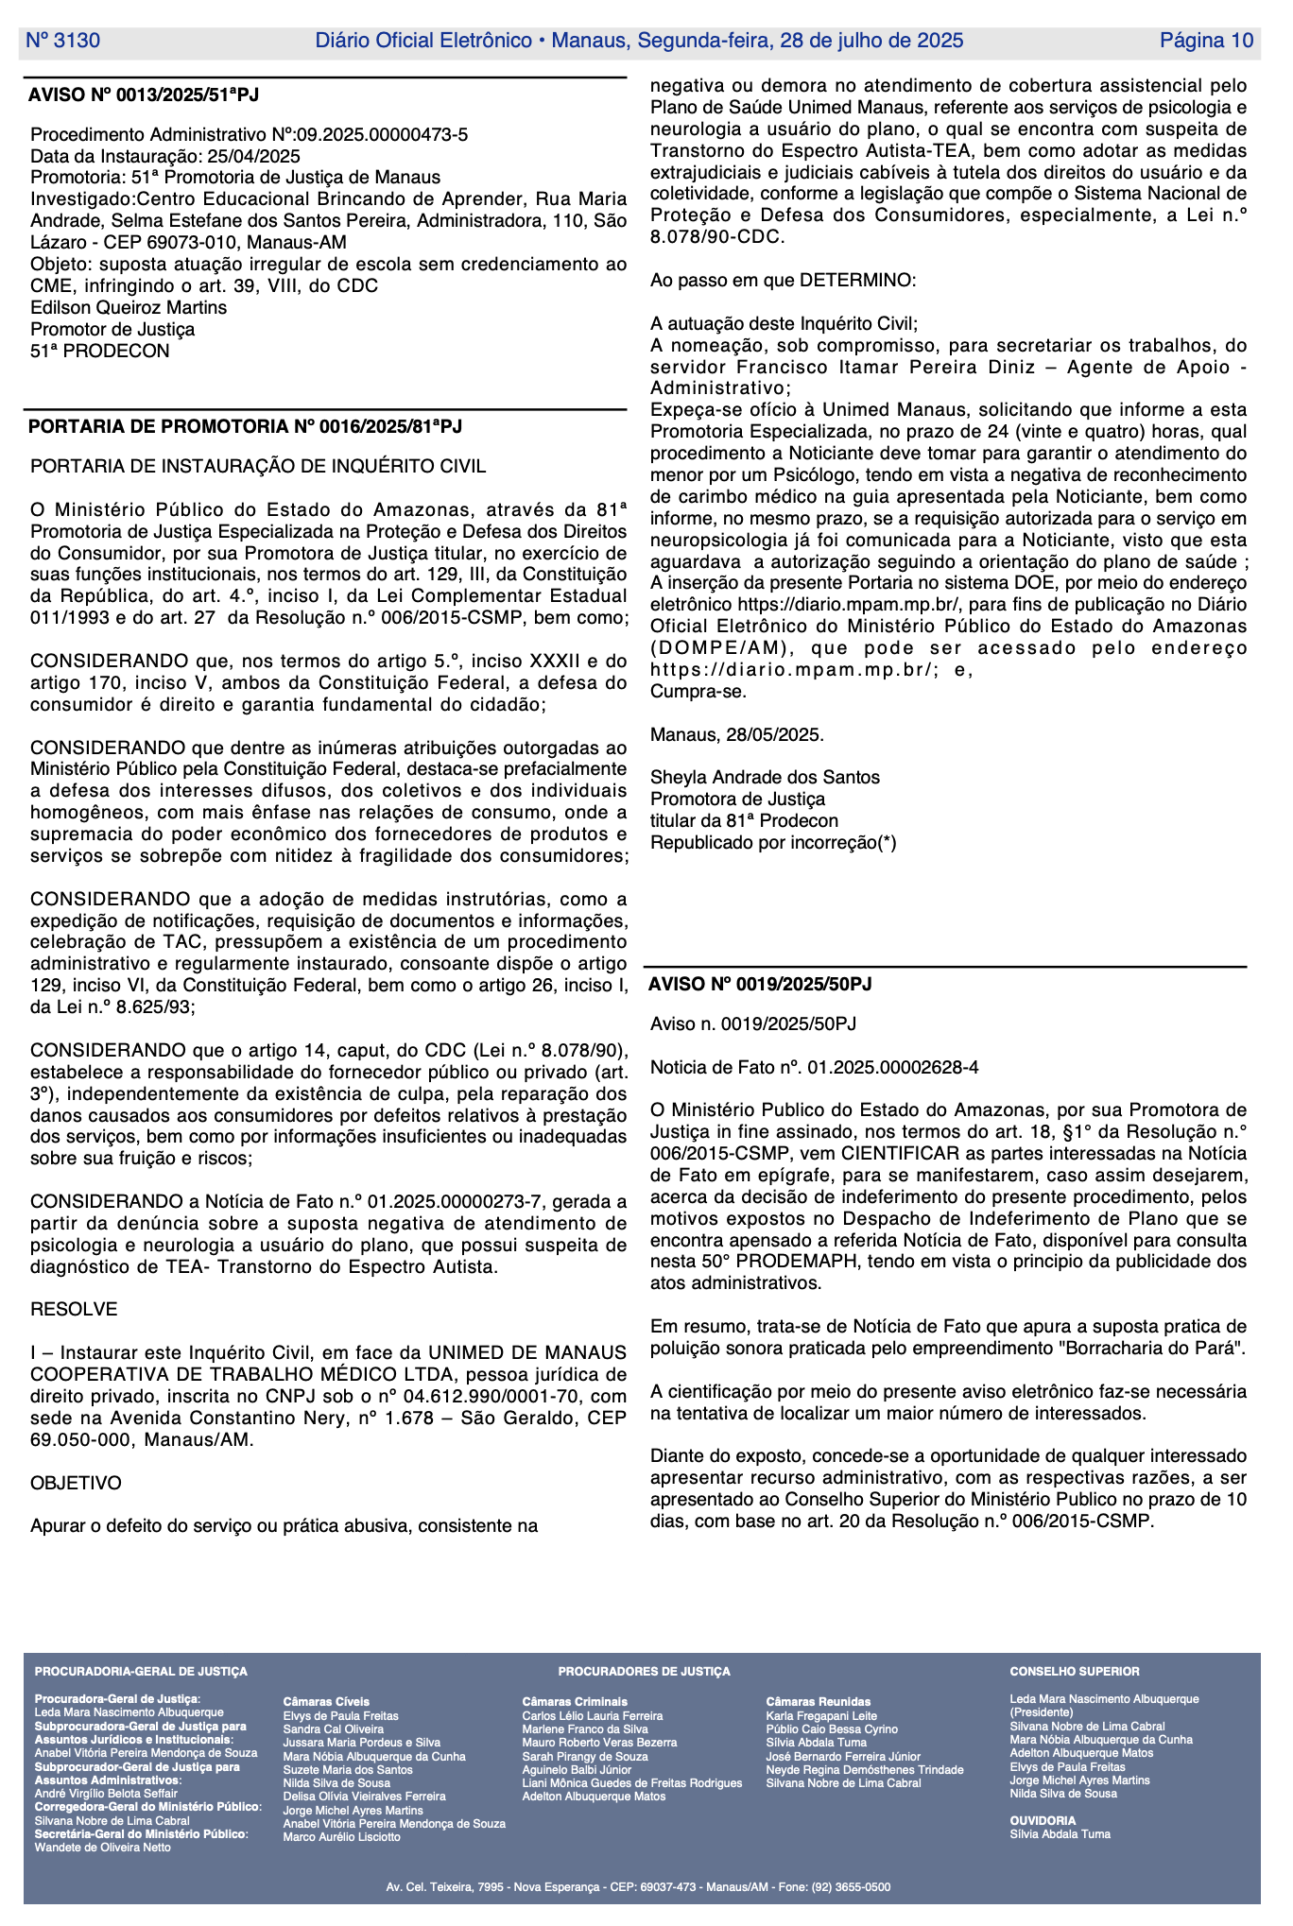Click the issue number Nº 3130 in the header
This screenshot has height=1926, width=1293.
click(x=62, y=41)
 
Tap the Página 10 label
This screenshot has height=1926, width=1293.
click(x=1206, y=41)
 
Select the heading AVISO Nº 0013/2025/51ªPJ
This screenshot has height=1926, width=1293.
click(x=144, y=95)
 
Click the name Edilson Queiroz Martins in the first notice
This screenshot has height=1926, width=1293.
click(x=129, y=307)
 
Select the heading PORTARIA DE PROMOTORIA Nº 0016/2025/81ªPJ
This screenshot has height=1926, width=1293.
click(x=246, y=426)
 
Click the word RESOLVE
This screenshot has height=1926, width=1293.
click(x=74, y=1309)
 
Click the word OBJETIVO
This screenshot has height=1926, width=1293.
click(x=76, y=1483)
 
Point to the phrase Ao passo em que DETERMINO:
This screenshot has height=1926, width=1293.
click(x=783, y=280)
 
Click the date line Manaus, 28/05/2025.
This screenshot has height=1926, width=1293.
click(x=737, y=734)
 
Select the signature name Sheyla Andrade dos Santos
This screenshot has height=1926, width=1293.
click(x=765, y=777)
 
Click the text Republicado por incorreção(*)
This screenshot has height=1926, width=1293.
click(x=773, y=842)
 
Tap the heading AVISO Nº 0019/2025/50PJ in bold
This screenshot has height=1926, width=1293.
click(x=760, y=984)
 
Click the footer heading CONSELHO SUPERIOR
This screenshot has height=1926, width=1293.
click(x=1075, y=1671)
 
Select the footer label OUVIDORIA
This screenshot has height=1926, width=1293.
click(x=1043, y=1820)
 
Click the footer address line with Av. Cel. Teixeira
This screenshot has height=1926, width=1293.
click(x=638, y=1887)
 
